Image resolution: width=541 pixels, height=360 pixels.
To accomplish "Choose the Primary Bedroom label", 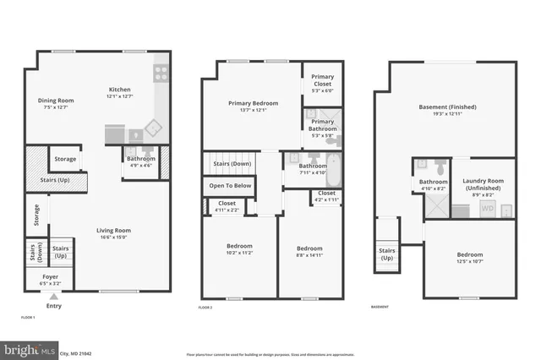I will pos(253,103).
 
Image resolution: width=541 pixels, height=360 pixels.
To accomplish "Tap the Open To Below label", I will pos(229,185).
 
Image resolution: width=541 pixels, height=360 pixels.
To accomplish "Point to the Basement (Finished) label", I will pos(447,107).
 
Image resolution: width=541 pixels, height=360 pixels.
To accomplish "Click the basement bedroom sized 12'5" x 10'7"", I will pos(470,258).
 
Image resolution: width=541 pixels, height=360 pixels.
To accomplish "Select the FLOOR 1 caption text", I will pos(29,316).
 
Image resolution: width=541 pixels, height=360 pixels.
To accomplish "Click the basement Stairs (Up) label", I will pos(386,254).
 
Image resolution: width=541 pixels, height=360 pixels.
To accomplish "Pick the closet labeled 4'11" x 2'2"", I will pos(227,205).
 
